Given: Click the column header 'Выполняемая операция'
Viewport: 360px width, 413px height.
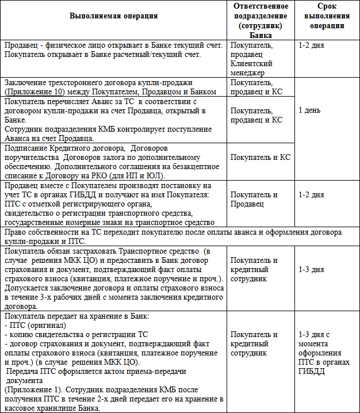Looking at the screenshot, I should pyautogui.click(x=113, y=16).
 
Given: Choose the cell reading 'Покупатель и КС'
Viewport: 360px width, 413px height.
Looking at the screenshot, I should pyautogui.click(x=260, y=156).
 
